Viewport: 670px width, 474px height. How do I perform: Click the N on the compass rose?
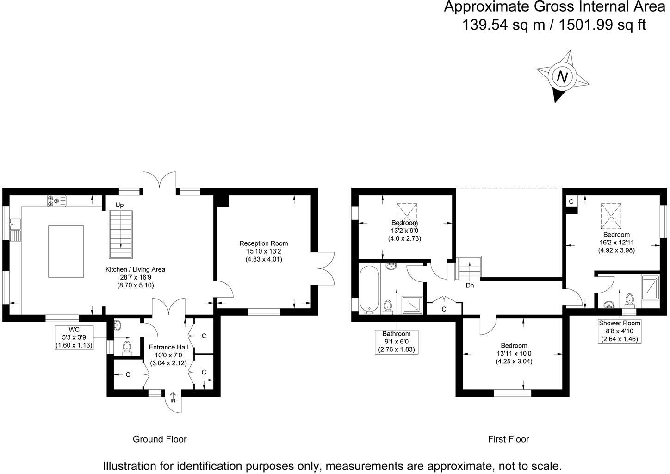click(x=562, y=76)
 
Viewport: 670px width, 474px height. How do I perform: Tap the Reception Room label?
click(x=263, y=243)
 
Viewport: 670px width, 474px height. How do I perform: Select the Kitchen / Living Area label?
click(x=135, y=269)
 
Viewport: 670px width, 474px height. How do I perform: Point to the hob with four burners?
click(x=56, y=201)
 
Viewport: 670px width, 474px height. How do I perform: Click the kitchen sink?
click(x=15, y=230)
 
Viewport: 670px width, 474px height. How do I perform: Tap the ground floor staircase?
click(x=121, y=234)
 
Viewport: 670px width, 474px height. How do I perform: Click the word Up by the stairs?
click(x=119, y=205)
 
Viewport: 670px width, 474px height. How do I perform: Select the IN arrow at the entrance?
click(x=173, y=398)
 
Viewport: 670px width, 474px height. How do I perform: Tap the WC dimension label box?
click(x=74, y=337)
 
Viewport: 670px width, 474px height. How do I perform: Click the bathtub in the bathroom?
click(x=369, y=289)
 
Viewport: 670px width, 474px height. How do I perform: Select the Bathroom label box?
click(x=396, y=342)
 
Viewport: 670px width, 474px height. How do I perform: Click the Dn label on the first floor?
click(x=470, y=286)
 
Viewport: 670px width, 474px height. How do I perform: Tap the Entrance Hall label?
click(x=168, y=347)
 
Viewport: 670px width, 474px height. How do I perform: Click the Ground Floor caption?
click(x=160, y=439)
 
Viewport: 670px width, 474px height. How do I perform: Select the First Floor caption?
click(x=508, y=439)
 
